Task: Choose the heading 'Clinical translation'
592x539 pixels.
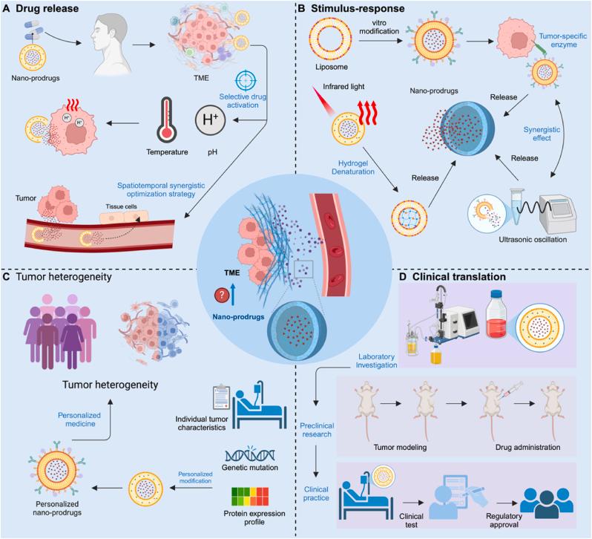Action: (x=470, y=276)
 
